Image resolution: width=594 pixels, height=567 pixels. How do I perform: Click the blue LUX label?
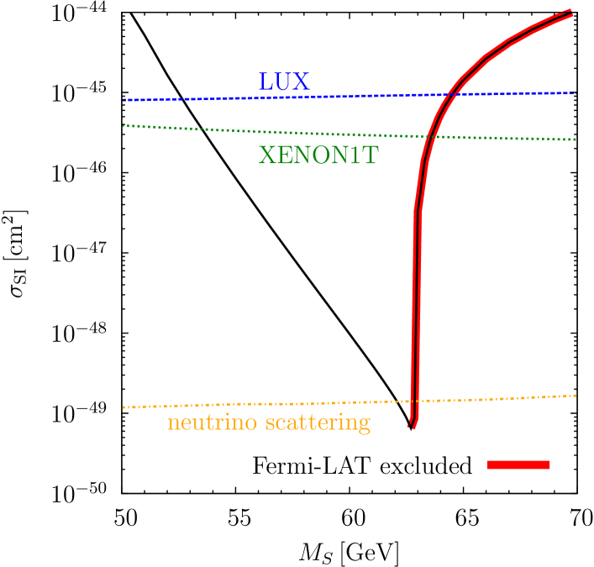pyautogui.click(x=284, y=82)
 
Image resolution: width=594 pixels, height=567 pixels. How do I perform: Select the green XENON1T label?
pyautogui.click(x=318, y=155)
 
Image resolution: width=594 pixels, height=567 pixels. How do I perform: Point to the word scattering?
pyautogui.click(x=318, y=423)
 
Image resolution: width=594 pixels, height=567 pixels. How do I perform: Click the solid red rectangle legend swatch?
pyautogui.click(x=518, y=465)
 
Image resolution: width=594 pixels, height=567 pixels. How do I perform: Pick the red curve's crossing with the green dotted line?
pyautogui.click(x=428, y=136)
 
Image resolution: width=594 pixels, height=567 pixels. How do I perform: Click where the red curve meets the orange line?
pyautogui.click(x=413, y=402)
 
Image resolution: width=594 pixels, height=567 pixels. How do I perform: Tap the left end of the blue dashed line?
pyautogui.click(x=124, y=100)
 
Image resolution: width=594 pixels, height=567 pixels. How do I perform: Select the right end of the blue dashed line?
pyautogui.click(x=575, y=93)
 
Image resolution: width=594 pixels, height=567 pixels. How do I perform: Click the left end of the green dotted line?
pyautogui.click(x=124, y=126)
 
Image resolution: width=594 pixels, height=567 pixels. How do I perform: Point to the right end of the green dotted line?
pyautogui.click(x=576, y=139)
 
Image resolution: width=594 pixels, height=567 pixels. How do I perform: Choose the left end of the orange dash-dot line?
pyautogui.click(x=124, y=407)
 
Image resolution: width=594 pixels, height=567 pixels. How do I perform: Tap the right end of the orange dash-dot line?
pyautogui.click(x=576, y=395)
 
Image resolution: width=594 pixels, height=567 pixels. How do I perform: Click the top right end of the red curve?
pyautogui.click(x=572, y=13)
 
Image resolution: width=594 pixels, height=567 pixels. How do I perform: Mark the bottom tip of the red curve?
pyautogui.click(x=412, y=427)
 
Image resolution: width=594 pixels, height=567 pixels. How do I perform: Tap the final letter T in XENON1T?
pyautogui.click(x=369, y=155)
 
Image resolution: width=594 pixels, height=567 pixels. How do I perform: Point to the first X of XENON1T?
pyautogui.click(x=268, y=155)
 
